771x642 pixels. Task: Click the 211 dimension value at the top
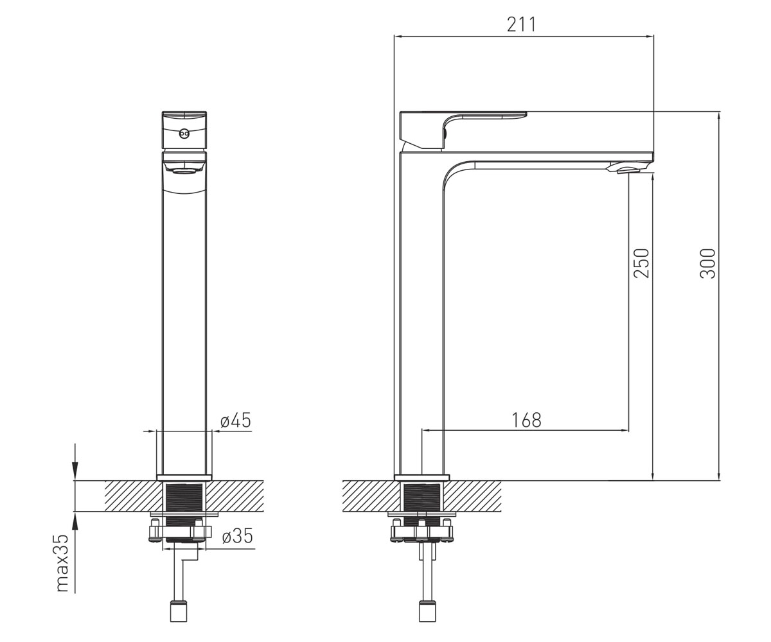click(521, 24)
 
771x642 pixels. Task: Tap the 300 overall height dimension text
click(707, 263)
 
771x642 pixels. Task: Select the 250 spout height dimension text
click(641, 263)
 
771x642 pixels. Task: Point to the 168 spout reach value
click(526, 420)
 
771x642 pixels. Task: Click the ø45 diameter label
click(236, 421)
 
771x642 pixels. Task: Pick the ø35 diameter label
click(238, 535)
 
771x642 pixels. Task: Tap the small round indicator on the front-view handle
click(184, 134)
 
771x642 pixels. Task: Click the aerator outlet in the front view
click(184, 171)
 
